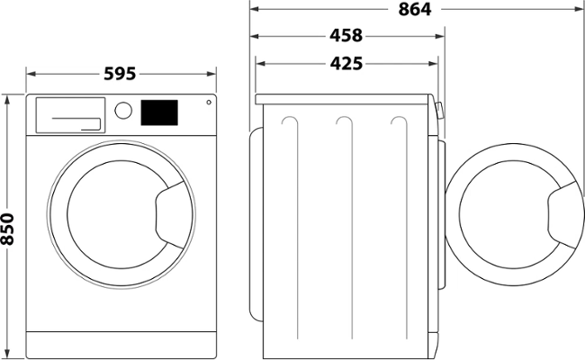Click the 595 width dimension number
(x=119, y=74)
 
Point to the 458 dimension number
(x=346, y=37)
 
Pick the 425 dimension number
(x=346, y=63)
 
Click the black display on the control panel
(x=159, y=112)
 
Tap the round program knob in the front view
(x=124, y=111)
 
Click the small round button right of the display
(x=208, y=102)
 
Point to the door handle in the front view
(x=171, y=215)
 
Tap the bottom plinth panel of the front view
(x=121, y=343)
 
